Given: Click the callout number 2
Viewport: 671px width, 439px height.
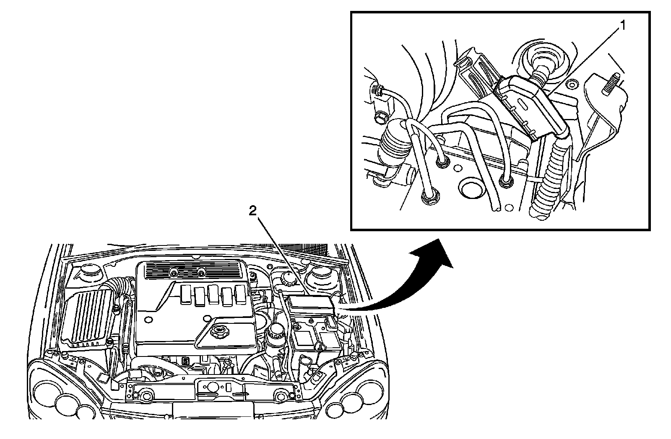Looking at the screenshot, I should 252,211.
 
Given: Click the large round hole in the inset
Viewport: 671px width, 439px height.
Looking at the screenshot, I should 471,189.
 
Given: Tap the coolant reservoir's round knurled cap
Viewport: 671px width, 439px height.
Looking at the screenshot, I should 288,278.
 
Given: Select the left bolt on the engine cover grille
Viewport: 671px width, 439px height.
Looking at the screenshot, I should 173,273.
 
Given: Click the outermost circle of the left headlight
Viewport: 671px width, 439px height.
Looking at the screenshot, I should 44,394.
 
